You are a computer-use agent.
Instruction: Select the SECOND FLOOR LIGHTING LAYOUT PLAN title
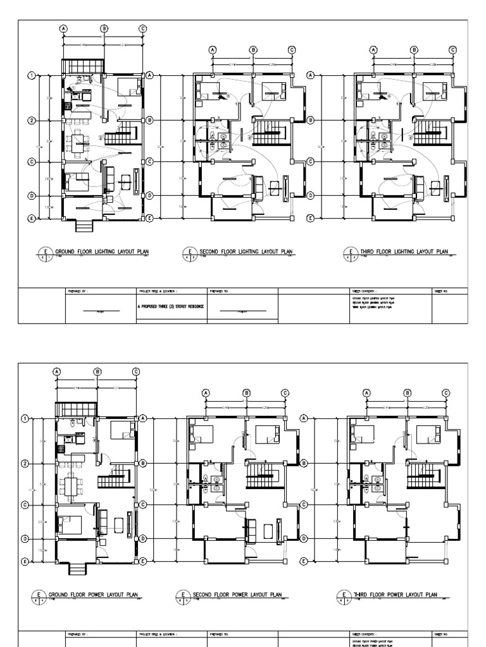[246, 251]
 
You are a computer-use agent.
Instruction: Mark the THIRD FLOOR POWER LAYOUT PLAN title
[396, 595]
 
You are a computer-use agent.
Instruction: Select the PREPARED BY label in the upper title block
[76, 291]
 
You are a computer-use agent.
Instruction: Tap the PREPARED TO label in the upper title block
[219, 291]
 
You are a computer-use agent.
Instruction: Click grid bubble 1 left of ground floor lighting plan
[30, 76]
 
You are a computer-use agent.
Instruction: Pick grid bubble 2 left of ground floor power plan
[25, 464]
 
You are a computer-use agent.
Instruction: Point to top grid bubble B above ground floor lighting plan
[104, 28]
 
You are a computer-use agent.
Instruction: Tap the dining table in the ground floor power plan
[71, 485]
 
